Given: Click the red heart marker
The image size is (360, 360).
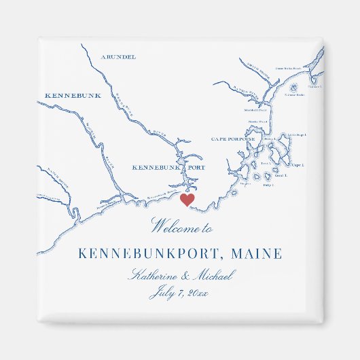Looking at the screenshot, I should click(187, 199).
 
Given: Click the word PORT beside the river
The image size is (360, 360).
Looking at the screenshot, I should click(193, 166).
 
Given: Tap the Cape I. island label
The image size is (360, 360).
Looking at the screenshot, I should click(297, 164).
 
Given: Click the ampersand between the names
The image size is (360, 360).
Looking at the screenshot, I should click(185, 276).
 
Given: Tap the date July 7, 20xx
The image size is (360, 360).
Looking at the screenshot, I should click(180, 293).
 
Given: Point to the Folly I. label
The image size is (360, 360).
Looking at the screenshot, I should click(268, 184).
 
